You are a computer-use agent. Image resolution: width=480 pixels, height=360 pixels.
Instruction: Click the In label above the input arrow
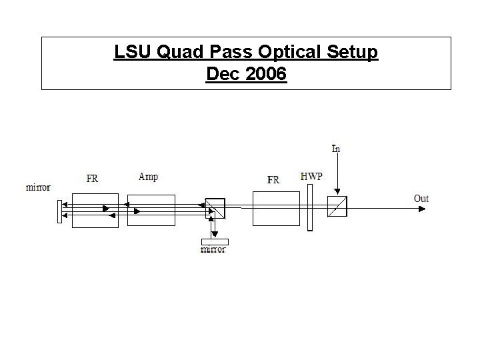click(x=337, y=148)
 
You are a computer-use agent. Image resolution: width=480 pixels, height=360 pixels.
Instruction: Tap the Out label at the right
click(x=421, y=198)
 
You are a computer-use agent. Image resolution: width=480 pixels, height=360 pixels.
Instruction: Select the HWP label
click(x=311, y=176)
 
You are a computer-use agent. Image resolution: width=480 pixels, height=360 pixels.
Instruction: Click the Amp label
click(x=148, y=177)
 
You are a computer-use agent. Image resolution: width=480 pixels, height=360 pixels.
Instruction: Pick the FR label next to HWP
click(x=273, y=179)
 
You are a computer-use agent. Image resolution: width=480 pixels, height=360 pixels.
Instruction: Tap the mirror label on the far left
click(x=38, y=187)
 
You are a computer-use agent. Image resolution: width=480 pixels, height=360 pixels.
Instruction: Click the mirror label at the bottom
click(x=213, y=250)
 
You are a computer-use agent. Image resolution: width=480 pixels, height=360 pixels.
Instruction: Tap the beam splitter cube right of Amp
click(x=215, y=209)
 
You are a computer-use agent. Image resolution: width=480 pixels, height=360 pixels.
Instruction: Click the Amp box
click(x=151, y=210)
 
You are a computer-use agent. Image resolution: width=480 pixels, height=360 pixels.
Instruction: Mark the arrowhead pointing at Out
click(x=421, y=209)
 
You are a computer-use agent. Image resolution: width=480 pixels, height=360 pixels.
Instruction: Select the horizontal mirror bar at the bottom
click(x=214, y=241)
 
